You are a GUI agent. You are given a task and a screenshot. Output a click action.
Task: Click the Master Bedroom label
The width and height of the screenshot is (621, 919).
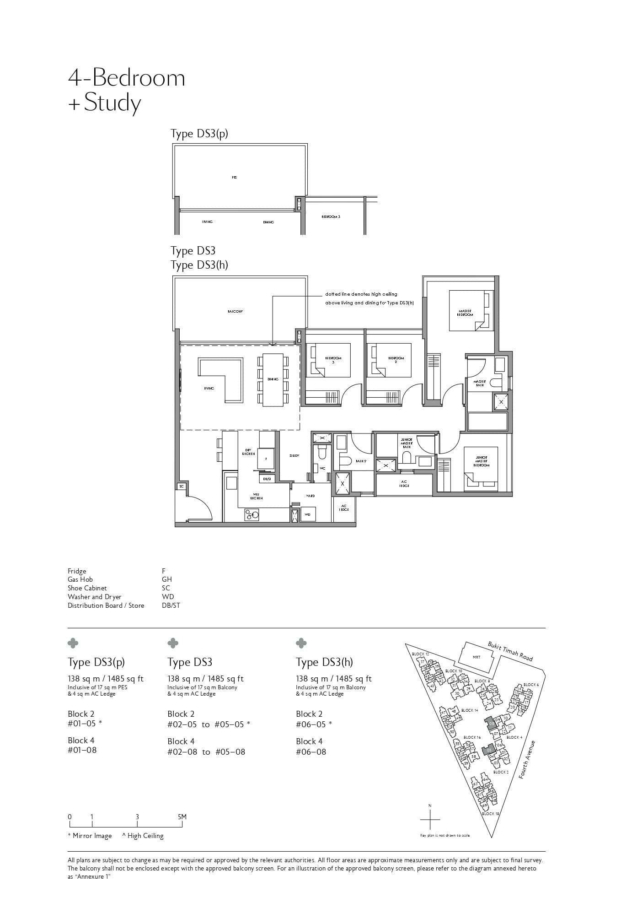465,313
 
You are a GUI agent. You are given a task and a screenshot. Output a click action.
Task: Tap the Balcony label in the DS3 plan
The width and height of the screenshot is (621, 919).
235,312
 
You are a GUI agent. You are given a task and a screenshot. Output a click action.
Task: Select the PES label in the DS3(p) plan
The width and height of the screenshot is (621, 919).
235,178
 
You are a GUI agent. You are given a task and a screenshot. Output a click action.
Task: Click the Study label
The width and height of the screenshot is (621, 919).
294,456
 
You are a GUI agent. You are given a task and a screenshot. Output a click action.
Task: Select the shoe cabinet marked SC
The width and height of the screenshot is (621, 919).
181,487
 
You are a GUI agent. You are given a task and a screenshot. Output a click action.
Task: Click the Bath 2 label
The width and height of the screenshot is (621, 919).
361,461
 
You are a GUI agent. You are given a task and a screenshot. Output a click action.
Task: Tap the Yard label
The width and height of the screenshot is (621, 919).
310,496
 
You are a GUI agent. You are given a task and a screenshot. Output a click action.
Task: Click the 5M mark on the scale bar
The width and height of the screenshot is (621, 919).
182,817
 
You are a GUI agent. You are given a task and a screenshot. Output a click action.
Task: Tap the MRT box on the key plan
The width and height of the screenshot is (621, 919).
476,657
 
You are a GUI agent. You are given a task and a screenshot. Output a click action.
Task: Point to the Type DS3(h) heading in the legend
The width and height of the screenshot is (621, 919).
324,662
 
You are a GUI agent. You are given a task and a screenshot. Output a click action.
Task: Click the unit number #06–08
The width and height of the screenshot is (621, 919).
311,752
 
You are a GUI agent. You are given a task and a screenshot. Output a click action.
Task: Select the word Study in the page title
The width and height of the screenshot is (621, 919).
112,103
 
